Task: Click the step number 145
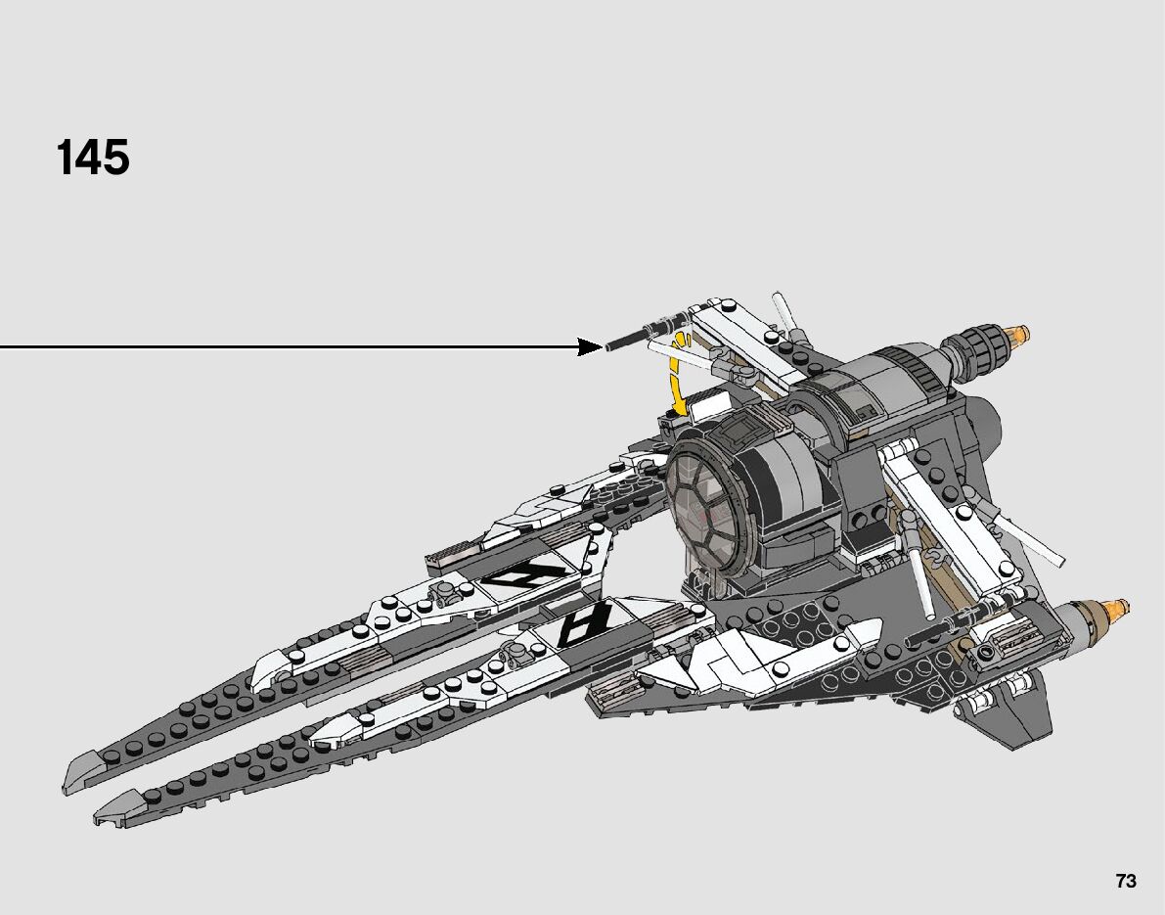coord(93,159)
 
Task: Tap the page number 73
coord(1126,881)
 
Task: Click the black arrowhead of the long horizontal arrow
coord(590,346)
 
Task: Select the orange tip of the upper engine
coord(1022,339)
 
